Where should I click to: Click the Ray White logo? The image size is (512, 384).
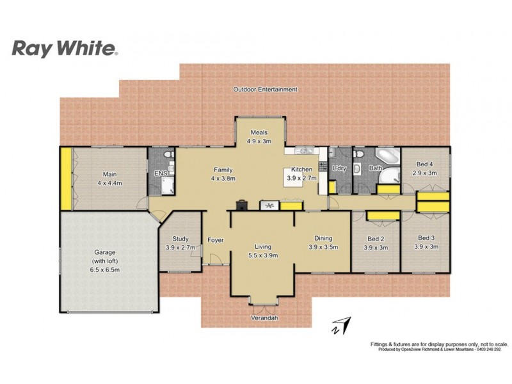65,48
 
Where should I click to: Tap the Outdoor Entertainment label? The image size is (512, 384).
265,90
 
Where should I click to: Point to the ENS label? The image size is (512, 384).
159,173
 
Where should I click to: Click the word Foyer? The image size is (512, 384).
215,241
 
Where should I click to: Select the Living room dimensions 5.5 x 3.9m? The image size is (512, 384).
262,255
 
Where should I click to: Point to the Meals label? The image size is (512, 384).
259,132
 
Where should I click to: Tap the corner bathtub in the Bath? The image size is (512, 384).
386,157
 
